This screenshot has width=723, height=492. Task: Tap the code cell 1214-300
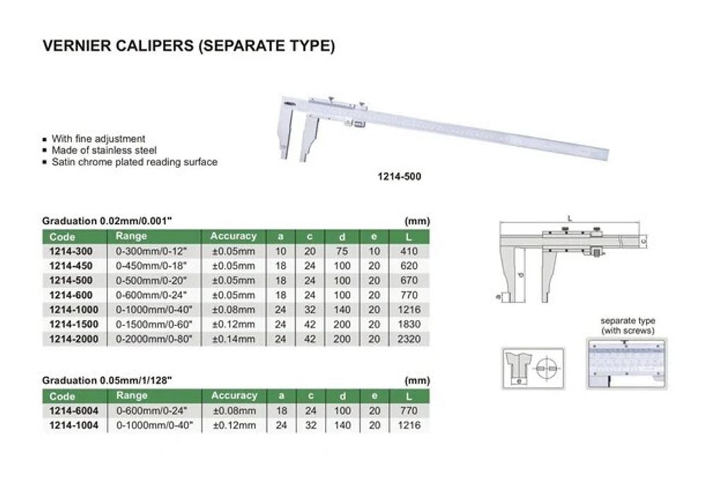tap(71, 251)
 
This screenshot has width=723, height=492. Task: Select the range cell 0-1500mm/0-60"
tap(153, 324)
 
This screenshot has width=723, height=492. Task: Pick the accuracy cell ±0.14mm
tap(234, 339)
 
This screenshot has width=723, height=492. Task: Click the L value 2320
tap(409, 339)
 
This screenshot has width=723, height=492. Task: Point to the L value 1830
tap(409, 324)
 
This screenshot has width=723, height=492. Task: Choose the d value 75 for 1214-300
tap(342, 251)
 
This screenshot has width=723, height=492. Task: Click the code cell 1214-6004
tap(73, 410)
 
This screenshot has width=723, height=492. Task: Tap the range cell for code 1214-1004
tap(155, 425)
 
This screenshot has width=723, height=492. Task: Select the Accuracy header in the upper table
tap(233, 236)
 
